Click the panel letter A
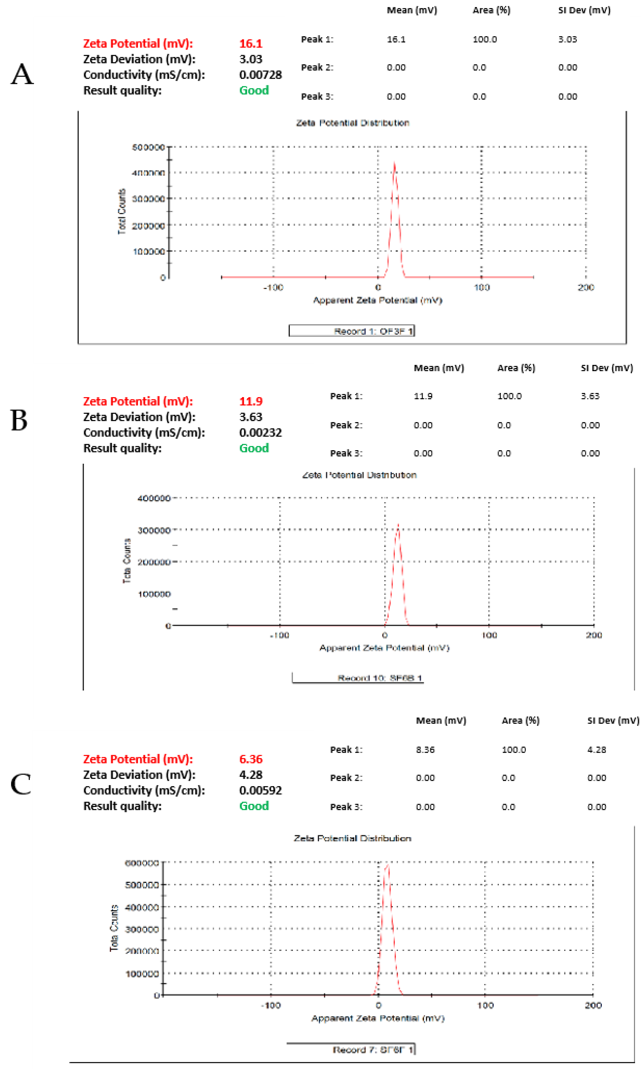pyautogui.click(x=22, y=74)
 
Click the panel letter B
pyautogui.click(x=19, y=420)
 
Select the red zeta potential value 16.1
pyautogui.click(x=251, y=44)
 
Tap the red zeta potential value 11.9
pyautogui.click(x=251, y=401)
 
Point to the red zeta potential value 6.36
pyautogui.click(x=251, y=759)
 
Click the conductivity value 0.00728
pyautogui.click(x=260, y=75)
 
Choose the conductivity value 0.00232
pyautogui.click(x=260, y=432)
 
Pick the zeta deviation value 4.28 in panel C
pyautogui.click(x=251, y=775)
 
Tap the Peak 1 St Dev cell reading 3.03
pyautogui.click(x=567, y=39)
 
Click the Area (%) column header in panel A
pyautogui.click(x=491, y=10)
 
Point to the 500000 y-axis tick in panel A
pyautogui.click(x=148, y=147)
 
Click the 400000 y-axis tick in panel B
pyautogui.click(x=154, y=498)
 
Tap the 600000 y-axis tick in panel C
pyautogui.click(x=142, y=863)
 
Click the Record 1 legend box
pyautogui.click(x=352, y=331)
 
